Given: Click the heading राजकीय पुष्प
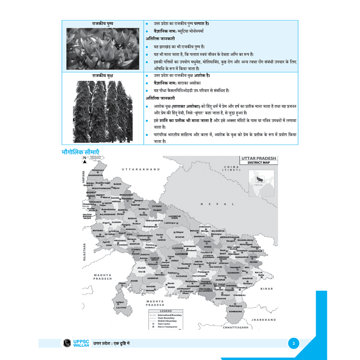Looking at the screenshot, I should (103, 24).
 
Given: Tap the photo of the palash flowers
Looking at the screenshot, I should (103, 49).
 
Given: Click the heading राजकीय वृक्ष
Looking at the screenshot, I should (103, 76).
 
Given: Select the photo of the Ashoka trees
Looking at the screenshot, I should (103, 111).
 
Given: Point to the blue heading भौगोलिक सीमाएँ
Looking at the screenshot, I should (81, 152).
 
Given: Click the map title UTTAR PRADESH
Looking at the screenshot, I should (259, 159).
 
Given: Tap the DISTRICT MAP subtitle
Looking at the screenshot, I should (259, 163).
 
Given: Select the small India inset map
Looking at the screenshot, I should (262, 183).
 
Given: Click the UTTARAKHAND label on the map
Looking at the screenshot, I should (141, 169).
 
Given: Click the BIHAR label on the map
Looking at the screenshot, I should (266, 289).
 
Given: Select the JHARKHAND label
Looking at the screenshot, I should (264, 320).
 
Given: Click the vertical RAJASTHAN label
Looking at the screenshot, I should (84, 250).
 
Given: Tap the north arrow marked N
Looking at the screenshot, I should (85, 160).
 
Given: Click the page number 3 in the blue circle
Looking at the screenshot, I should (294, 343).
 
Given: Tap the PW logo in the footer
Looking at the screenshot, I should (66, 343).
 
